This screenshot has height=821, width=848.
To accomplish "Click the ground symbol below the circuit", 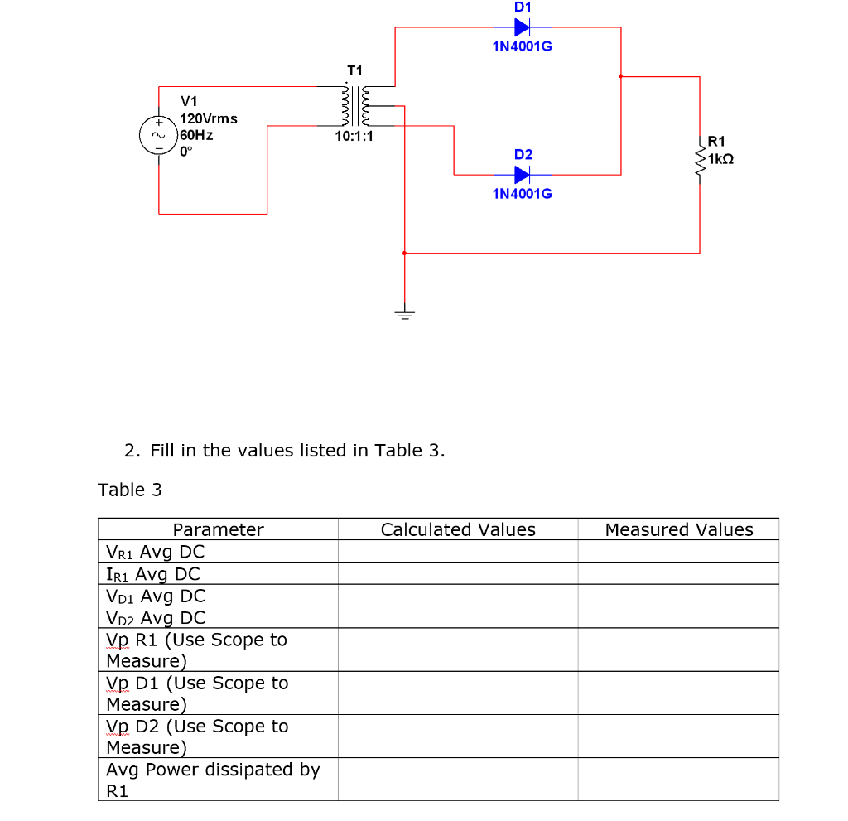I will tap(404, 314).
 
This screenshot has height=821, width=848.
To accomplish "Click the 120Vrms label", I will tap(209, 118).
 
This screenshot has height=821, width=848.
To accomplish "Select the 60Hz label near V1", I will tap(196, 134).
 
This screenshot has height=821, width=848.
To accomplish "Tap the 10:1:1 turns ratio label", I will tap(354, 136).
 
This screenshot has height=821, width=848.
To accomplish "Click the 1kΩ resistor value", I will tap(721, 157).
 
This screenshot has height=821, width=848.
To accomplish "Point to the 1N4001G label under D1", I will tap(522, 46).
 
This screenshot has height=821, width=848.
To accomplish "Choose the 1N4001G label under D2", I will tap(522, 193).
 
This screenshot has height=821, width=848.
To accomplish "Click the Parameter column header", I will tap(218, 529).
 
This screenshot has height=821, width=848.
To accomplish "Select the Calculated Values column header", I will tap(458, 529).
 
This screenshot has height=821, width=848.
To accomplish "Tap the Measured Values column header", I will tap(679, 529).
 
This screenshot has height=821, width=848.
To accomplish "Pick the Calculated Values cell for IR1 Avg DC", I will tap(458, 573).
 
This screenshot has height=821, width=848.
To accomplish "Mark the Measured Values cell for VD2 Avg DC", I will tap(679, 617).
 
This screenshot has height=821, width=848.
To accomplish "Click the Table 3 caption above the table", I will tap(130, 490).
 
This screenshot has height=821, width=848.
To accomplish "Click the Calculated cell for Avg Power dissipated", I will tap(458, 780).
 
